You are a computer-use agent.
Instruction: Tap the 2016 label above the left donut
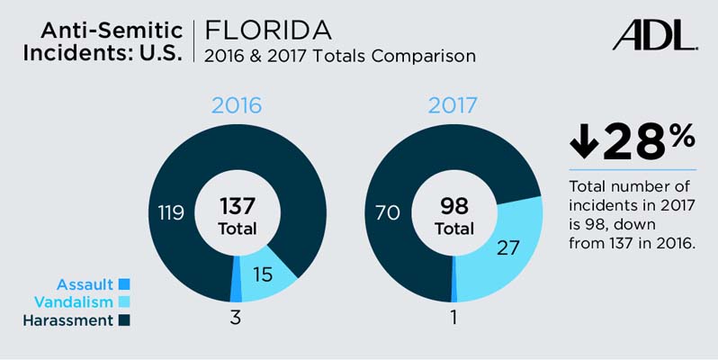pos(237,104)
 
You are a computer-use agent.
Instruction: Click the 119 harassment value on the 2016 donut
pos(171,213)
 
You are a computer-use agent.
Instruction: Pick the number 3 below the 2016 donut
pos(235,318)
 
